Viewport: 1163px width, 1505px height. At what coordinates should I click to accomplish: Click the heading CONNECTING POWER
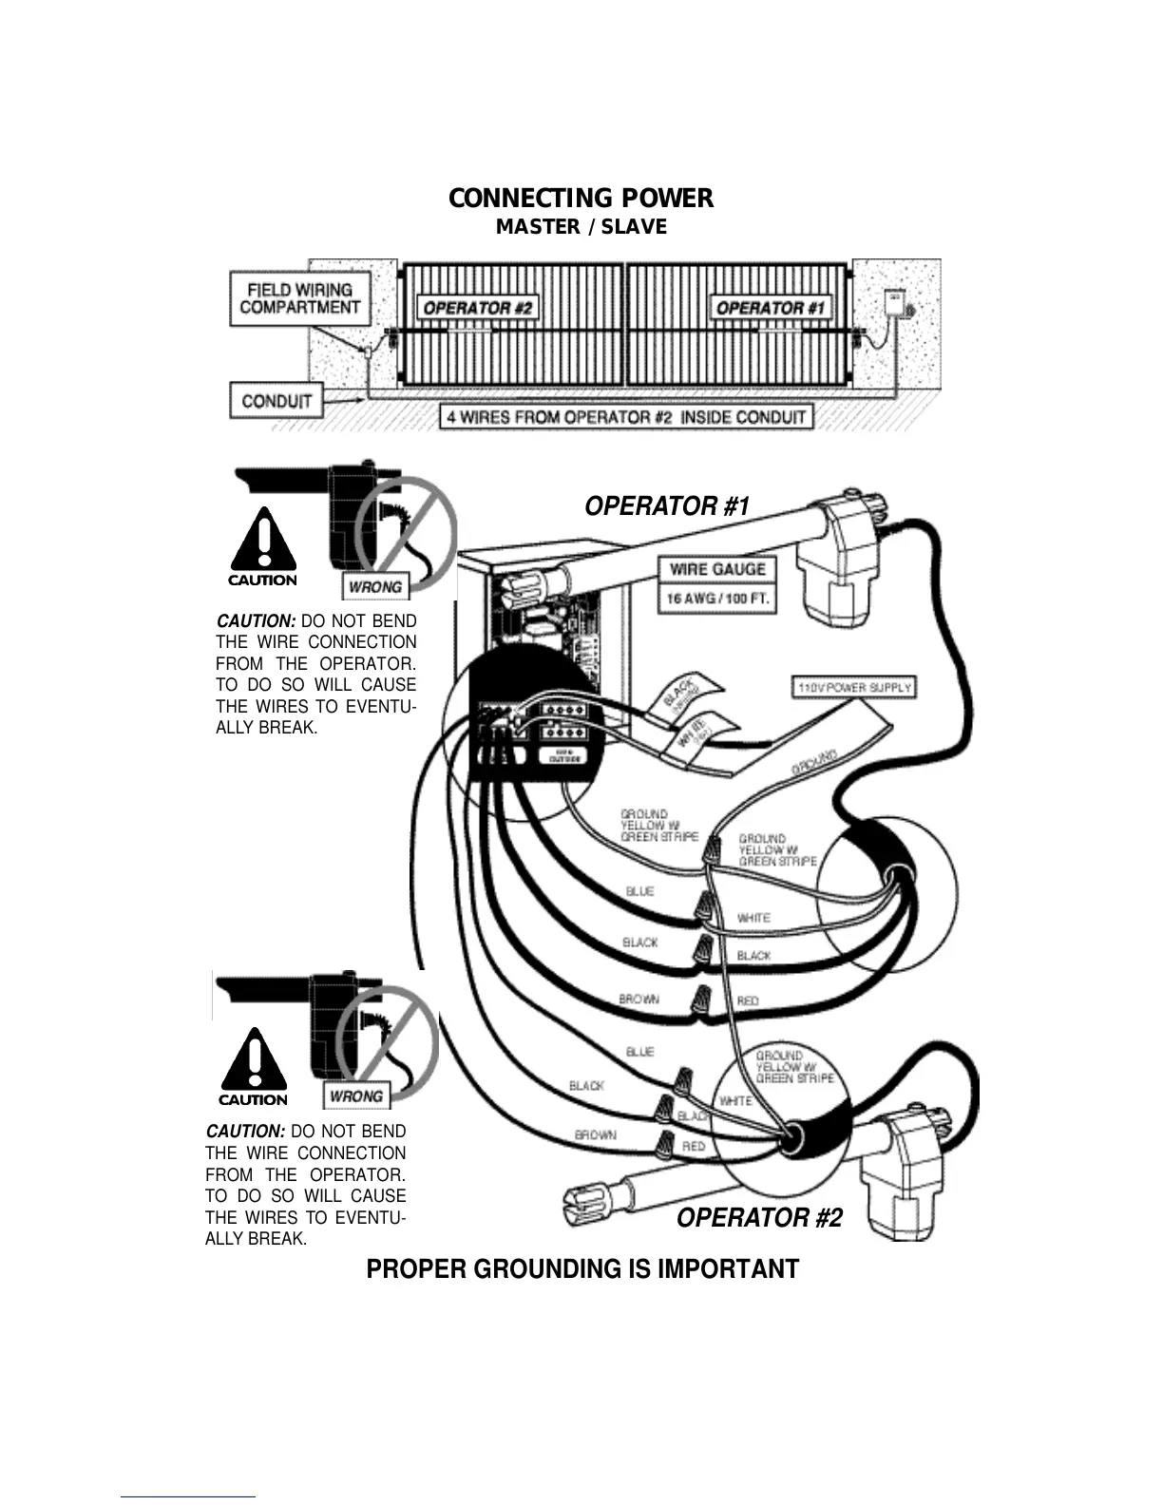[581, 199]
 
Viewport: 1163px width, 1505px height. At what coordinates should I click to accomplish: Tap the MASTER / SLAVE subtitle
[581, 227]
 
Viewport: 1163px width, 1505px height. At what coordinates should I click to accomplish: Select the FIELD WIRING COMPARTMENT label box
[299, 298]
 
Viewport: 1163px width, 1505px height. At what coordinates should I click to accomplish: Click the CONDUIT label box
[276, 400]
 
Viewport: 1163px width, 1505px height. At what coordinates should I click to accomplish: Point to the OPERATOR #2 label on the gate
[479, 308]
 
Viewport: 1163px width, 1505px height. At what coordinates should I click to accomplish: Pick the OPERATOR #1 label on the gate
[771, 308]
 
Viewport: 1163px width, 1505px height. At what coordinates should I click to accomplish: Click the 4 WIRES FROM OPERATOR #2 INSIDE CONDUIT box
[626, 417]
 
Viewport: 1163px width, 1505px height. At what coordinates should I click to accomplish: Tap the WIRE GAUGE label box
[717, 569]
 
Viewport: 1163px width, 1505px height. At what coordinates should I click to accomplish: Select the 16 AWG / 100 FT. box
[717, 600]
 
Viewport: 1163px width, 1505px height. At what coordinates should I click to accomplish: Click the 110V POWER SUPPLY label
[853, 687]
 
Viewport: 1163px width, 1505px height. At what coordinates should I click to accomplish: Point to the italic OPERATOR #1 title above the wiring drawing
[667, 506]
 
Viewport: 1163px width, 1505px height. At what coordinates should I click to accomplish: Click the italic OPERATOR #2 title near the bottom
[759, 1218]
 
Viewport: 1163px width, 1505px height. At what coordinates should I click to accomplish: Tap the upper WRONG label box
[374, 587]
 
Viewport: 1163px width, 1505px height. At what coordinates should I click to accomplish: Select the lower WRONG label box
[355, 1096]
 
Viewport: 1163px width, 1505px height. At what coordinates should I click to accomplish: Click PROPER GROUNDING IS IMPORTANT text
[582, 1269]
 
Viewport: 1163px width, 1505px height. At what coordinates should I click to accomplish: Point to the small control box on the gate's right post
[895, 302]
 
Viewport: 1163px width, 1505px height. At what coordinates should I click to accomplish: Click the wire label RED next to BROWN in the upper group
[748, 1001]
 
